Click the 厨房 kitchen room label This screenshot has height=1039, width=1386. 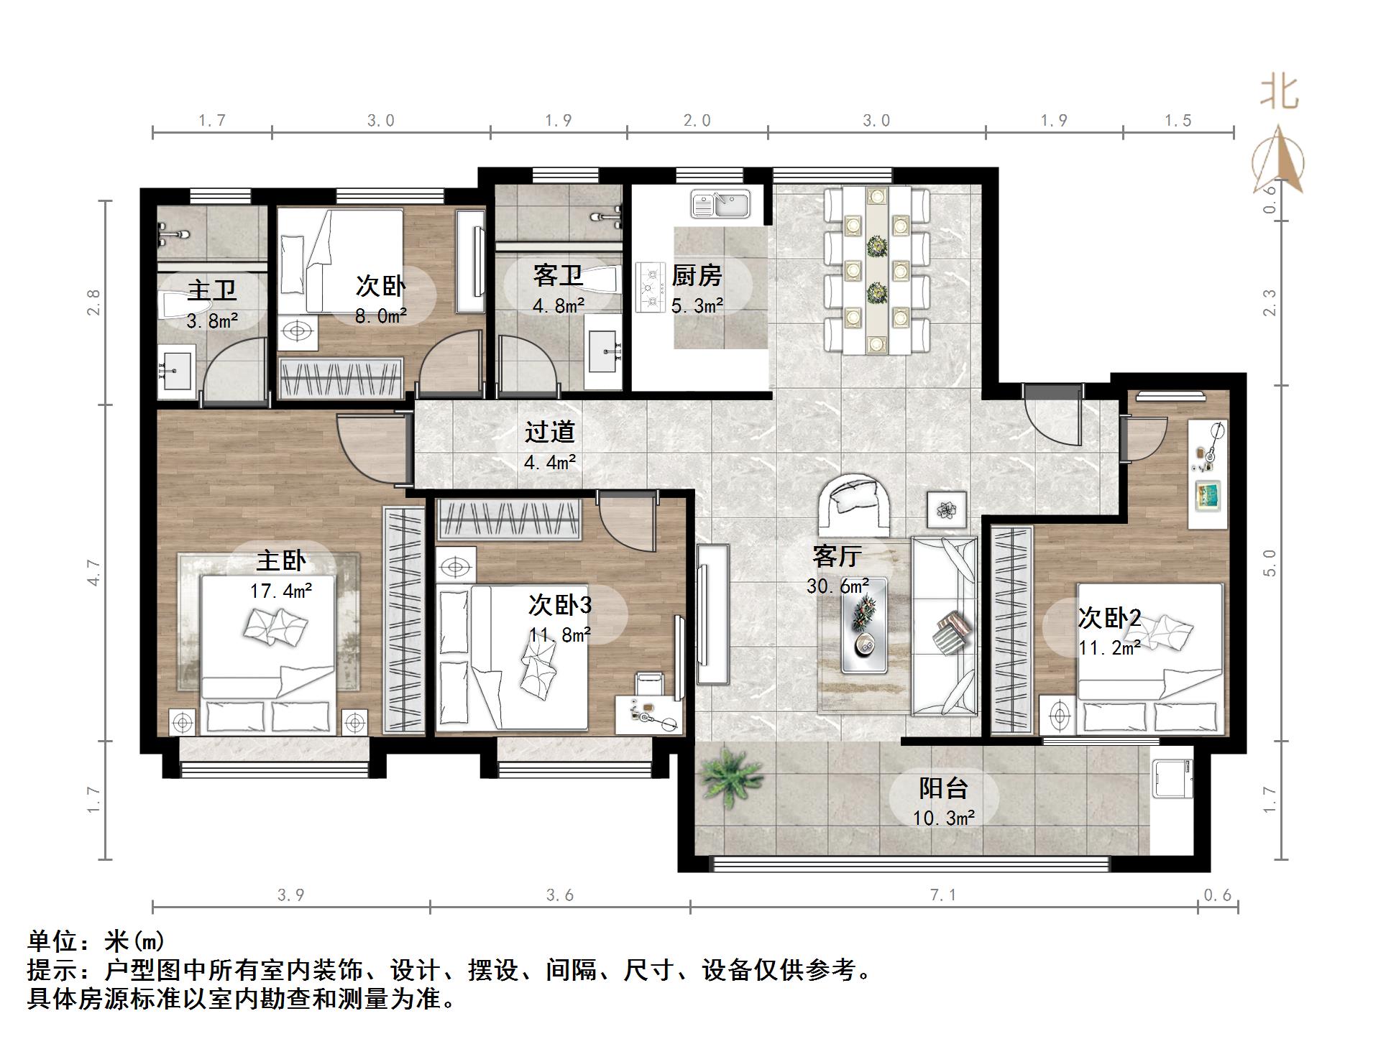(696, 275)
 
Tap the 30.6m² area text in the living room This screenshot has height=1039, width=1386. (837, 586)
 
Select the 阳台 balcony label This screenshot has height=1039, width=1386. (943, 788)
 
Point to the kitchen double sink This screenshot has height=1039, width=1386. (720, 204)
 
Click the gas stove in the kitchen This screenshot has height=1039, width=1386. (650, 287)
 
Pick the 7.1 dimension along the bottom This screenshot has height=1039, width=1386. (943, 895)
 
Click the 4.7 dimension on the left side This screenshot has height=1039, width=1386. (94, 573)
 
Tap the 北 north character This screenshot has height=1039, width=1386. (1279, 93)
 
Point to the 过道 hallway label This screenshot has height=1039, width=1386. (549, 432)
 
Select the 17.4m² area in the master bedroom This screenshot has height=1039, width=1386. (280, 591)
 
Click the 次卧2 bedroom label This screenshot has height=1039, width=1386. (1109, 618)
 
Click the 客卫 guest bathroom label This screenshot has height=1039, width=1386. (558, 275)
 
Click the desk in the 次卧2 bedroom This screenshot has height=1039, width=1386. (1208, 474)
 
